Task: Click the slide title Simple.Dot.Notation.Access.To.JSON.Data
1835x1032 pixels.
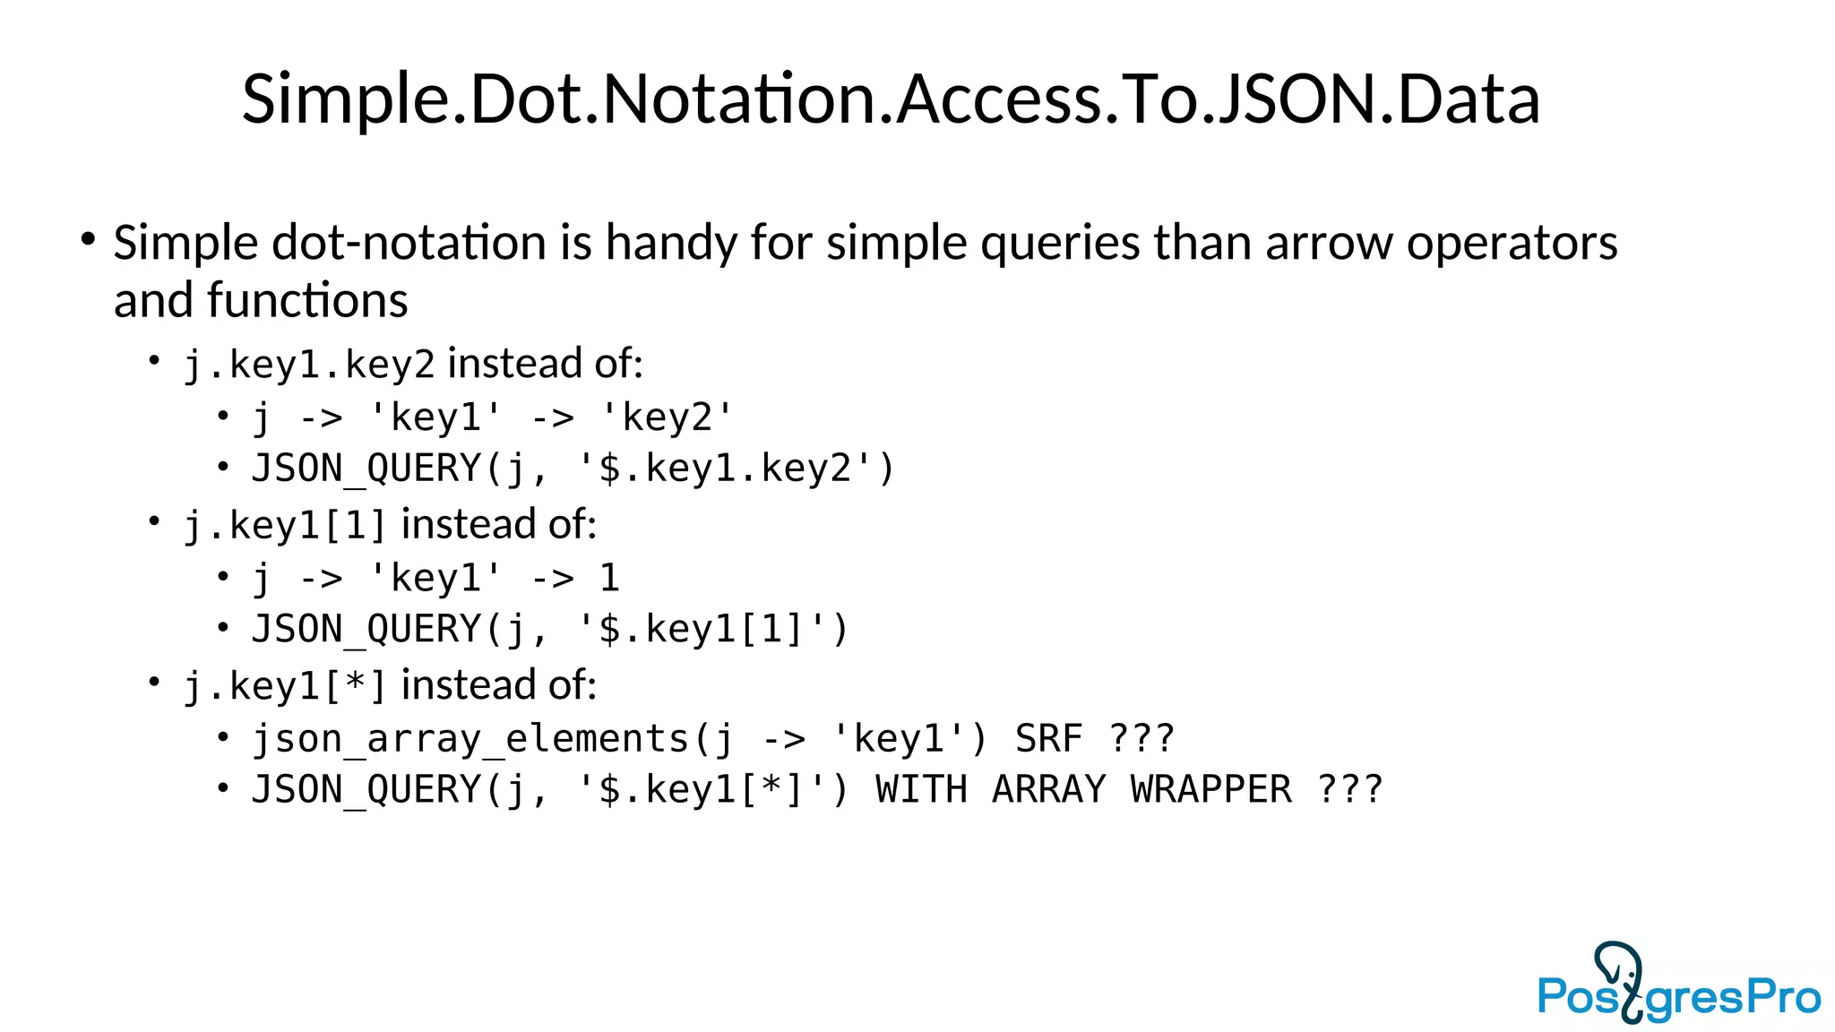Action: [x=891, y=99]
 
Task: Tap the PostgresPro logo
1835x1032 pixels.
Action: [x=1679, y=985]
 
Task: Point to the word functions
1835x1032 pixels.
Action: [x=307, y=300]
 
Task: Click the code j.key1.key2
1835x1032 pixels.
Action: [x=309, y=365]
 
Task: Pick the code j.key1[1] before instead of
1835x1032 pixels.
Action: [x=285, y=526]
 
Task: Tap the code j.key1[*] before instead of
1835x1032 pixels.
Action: [x=285, y=686]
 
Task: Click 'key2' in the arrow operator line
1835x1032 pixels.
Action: [x=667, y=417]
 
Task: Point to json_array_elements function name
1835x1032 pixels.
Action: [x=470, y=739]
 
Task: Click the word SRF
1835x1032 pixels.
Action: [x=1048, y=739]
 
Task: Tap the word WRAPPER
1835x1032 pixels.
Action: [x=1210, y=790]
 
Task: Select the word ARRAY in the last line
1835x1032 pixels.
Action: [x=1048, y=790]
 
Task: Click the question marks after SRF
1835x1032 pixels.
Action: [x=1141, y=739]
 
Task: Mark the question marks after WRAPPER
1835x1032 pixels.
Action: [x=1350, y=790]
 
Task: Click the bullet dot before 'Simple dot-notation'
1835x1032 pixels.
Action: [x=88, y=239]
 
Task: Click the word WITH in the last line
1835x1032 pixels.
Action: [x=921, y=790]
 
